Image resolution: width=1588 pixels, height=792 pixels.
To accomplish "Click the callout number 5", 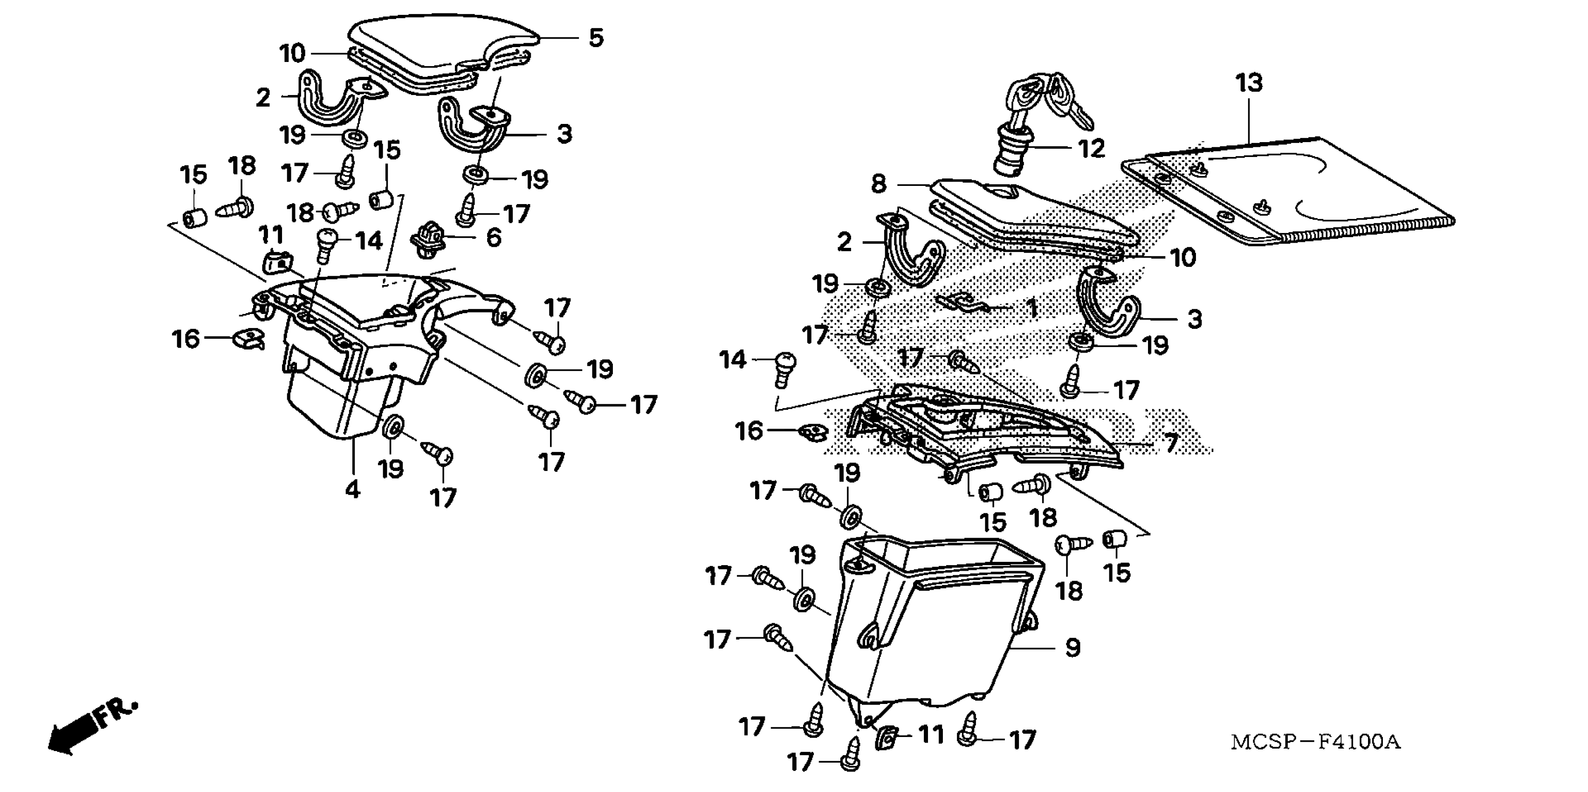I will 596,38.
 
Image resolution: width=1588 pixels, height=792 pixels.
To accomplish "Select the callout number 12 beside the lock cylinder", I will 1091,149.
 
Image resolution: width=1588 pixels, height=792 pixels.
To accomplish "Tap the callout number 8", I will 879,184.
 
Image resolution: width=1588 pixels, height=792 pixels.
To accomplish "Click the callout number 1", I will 1031,308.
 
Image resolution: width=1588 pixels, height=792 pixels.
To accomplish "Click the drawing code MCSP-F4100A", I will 1315,742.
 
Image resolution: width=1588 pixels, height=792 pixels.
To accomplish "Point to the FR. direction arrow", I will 92,727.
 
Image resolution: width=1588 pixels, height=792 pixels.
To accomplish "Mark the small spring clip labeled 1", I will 962,302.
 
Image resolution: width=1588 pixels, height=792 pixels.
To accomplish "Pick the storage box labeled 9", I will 931,622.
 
